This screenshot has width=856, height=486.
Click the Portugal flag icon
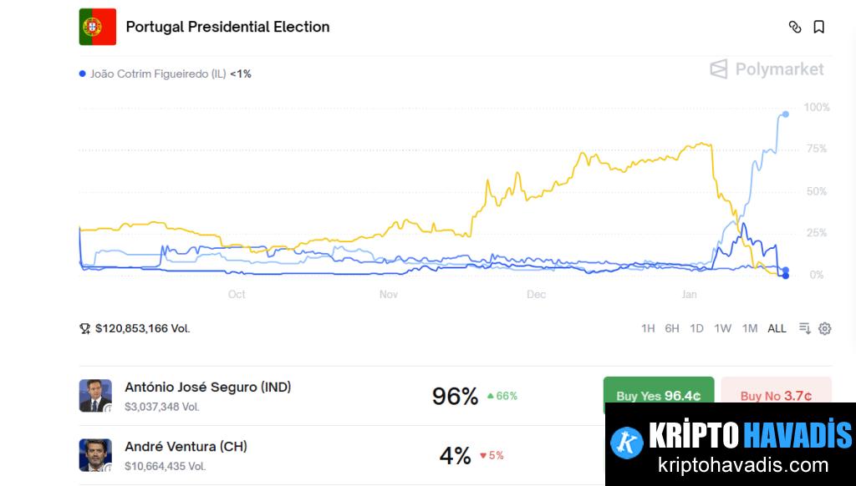coord(98,27)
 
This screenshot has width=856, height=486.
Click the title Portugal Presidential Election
coord(227,27)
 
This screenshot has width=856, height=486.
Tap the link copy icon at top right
coord(795,27)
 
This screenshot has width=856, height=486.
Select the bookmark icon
coord(819,27)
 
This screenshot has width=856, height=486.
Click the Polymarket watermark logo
coord(767,69)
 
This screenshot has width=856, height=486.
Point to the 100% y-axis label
coord(817,108)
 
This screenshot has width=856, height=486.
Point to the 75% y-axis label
coord(816,149)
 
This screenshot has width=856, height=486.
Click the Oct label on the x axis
coord(237,294)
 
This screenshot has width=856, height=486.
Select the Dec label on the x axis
coord(536,294)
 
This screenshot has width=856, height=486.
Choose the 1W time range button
coord(723,328)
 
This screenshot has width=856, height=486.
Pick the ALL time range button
coord(777,328)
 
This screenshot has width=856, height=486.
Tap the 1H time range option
coord(648,328)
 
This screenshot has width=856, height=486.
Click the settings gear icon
coord(825,328)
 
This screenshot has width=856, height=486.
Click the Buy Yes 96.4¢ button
coord(659,395)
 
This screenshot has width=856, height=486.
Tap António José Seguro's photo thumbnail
coord(95,396)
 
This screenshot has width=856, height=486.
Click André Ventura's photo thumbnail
coord(95,455)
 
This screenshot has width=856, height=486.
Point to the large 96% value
coord(455,396)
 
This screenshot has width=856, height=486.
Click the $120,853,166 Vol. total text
coord(142,328)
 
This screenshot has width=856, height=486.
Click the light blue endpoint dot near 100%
coord(786,114)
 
